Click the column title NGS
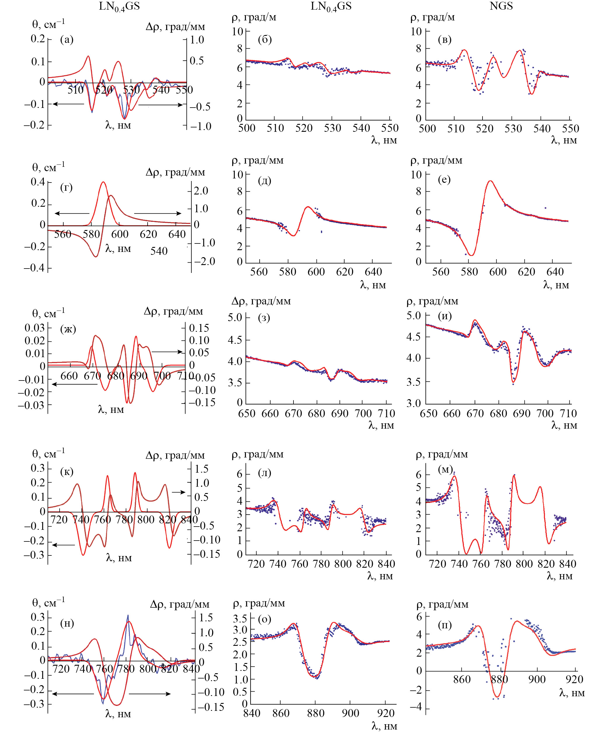(501, 6)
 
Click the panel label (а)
(67, 40)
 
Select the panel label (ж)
(68, 329)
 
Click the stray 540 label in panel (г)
(159, 251)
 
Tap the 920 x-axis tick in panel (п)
(574, 679)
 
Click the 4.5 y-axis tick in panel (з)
(235, 340)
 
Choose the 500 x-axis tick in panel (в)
(427, 129)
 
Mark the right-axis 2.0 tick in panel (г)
(201, 190)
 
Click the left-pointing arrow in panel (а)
(68, 104)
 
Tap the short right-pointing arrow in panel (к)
(179, 492)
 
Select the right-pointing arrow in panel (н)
(150, 694)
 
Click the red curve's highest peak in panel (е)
(490, 181)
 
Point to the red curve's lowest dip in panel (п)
(497, 697)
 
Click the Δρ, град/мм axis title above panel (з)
(261, 301)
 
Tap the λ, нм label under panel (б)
(384, 140)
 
